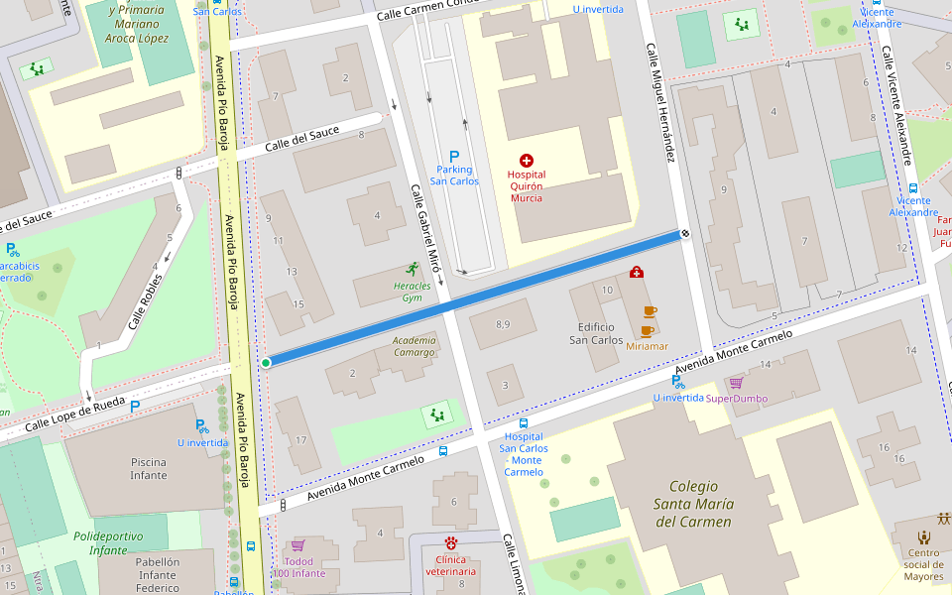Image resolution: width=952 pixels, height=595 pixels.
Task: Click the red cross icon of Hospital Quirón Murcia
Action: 526,160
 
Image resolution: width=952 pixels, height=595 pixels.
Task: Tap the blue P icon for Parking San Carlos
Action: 454,156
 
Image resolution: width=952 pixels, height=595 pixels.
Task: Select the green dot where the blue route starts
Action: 266,363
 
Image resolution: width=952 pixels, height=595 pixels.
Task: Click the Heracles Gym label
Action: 413,292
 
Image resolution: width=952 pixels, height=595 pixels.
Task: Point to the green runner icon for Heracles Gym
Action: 412,269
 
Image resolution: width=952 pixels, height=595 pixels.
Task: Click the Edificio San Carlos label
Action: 596,333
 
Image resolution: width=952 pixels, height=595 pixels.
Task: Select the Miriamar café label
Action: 647,346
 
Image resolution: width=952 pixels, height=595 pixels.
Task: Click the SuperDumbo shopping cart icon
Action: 736,383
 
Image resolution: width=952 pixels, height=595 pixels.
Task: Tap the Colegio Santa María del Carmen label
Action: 700,504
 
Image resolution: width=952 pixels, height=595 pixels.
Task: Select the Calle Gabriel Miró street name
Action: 424,229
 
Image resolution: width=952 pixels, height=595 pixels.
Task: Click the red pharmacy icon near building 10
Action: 636,272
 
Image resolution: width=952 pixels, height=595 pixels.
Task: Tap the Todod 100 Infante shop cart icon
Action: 297,545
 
